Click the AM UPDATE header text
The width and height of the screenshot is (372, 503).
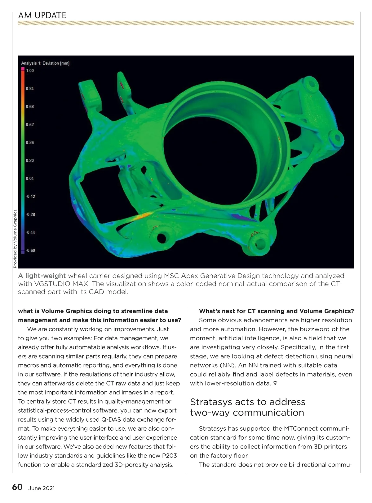click(42, 15)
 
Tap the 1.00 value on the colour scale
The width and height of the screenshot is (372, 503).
click(30, 71)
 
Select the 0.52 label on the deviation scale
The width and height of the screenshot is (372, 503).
click(30, 124)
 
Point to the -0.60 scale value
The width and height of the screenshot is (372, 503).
click(30, 250)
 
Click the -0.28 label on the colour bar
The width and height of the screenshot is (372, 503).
click(30, 214)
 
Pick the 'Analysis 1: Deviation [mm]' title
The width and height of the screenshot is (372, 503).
click(45, 63)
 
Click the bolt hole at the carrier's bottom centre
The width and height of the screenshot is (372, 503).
click(162, 238)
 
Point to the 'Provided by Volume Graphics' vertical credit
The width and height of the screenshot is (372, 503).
click(15, 239)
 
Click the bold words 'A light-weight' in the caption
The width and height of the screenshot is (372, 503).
click(42, 276)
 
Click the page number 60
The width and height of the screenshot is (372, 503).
click(17, 487)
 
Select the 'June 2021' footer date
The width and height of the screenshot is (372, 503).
click(42, 488)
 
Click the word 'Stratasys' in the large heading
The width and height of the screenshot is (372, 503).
click(211, 402)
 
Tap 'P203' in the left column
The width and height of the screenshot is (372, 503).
click(169, 455)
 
